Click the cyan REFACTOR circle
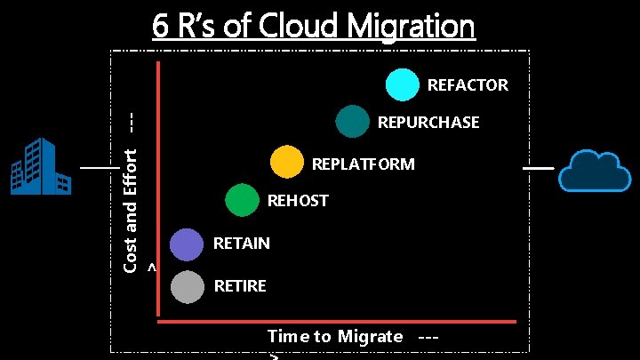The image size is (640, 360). tap(402, 84)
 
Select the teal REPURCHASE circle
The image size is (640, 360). tap(352, 122)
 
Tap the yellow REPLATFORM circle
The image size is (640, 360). tap(286, 163)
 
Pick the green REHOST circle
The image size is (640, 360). tap(241, 200)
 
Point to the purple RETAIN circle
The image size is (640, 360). tap(187, 244)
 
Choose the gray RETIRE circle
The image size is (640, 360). tap(187, 286)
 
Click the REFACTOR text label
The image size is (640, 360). tap(468, 85)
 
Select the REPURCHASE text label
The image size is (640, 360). tap(428, 123)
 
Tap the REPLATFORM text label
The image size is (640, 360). tap(363, 164)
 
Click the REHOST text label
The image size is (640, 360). tap(298, 201)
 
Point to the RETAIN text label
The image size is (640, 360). tap(242, 244)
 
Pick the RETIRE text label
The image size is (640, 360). tap(240, 286)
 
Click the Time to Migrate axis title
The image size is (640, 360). tap(336, 336)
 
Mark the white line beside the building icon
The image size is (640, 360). tap(99, 167)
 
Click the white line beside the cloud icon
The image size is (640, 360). tap(537, 167)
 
